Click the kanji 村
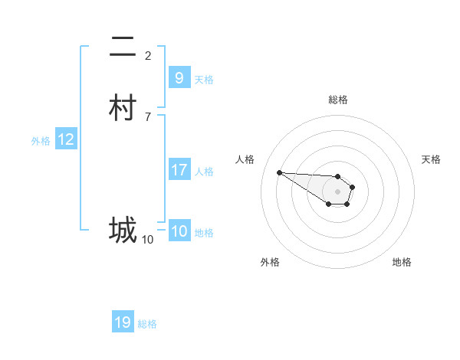pyautogui.click(x=123, y=109)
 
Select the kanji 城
pyautogui.click(x=123, y=230)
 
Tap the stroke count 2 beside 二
pyautogui.click(x=148, y=55)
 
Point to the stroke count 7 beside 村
pyautogui.click(x=148, y=116)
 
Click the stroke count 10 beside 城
pyautogui.click(x=148, y=239)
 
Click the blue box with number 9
pyautogui.click(x=179, y=77)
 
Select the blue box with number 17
pyautogui.click(x=179, y=170)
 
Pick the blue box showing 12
pyautogui.click(x=66, y=139)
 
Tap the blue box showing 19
pyautogui.click(x=123, y=322)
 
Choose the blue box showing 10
pyautogui.click(x=179, y=231)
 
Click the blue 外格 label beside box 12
pyautogui.click(x=41, y=140)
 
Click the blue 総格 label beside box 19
pyautogui.click(x=147, y=324)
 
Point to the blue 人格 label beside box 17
pyautogui.click(x=205, y=172)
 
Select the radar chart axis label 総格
pyautogui.click(x=338, y=100)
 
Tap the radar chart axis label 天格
pyautogui.click(x=431, y=159)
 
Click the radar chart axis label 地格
pyautogui.click(x=402, y=262)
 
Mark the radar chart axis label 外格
pyautogui.click(x=270, y=262)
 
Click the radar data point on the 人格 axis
pyautogui.click(x=279, y=172)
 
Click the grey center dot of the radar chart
pyautogui.click(x=338, y=191)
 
